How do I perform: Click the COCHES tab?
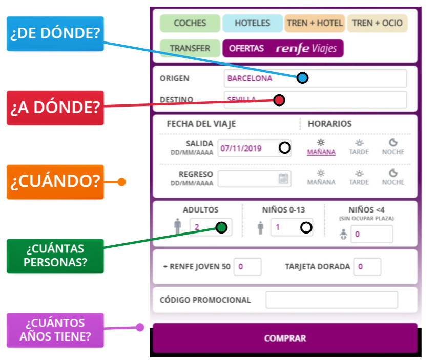pyautogui.click(x=190, y=23)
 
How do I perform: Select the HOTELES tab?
pyautogui.click(x=252, y=23)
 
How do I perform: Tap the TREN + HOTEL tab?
pyautogui.click(x=315, y=23)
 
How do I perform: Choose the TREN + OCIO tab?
pyautogui.click(x=377, y=23)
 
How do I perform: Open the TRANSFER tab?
pyautogui.click(x=190, y=48)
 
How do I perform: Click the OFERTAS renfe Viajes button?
pyautogui.click(x=283, y=48)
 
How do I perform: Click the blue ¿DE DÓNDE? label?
pyautogui.click(x=55, y=34)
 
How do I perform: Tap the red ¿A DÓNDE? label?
pyautogui.click(x=55, y=108)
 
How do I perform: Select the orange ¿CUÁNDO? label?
pyautogui.click(x=55, y=182)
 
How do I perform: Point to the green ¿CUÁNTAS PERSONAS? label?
pyautogui.click(x=55, y=256)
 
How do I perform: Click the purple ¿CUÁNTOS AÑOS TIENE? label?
pyautogui.click(x=55, y=330)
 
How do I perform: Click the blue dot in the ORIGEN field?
pyautogui.click(x=303, y=78)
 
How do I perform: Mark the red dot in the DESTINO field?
pyautogui.click(x=279, y=100)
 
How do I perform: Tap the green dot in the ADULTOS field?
pyautogui.click(x=221, y=227)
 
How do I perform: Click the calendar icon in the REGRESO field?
pyautogui.click(x=283, y=179)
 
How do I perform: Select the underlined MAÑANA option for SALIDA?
pyautogui.click(x=321, y=152)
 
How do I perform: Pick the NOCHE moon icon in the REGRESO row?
pyautogui.click(x=393, y=174)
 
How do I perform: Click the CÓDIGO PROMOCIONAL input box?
pyautogui.click(x=331, y=300)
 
